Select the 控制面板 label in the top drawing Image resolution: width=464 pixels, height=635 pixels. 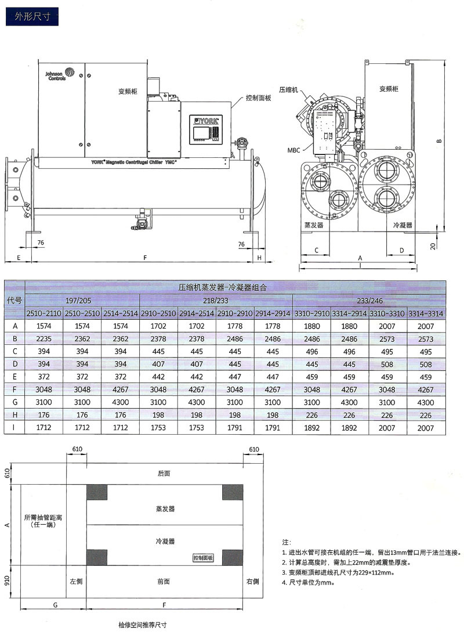click(x=258, y=98)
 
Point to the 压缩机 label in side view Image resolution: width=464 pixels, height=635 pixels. click(x=288, y=90)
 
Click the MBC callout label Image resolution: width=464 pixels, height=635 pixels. click(x=293, y=150)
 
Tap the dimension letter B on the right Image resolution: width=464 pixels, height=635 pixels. click(x=440, y=141)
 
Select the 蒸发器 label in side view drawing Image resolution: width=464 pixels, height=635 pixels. click(x=313, y=225)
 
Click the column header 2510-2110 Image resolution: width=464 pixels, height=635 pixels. click(x=44, y=313)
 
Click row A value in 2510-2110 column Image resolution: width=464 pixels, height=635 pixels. click(x=44, y=326)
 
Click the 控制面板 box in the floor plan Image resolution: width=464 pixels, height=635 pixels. click(x=203, y=558)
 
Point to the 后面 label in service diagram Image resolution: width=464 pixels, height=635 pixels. click(x=164, y=474)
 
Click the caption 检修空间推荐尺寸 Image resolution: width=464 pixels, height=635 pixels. click(x=142, y=626)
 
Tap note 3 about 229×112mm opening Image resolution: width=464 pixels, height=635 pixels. click(x=338, y=572)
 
